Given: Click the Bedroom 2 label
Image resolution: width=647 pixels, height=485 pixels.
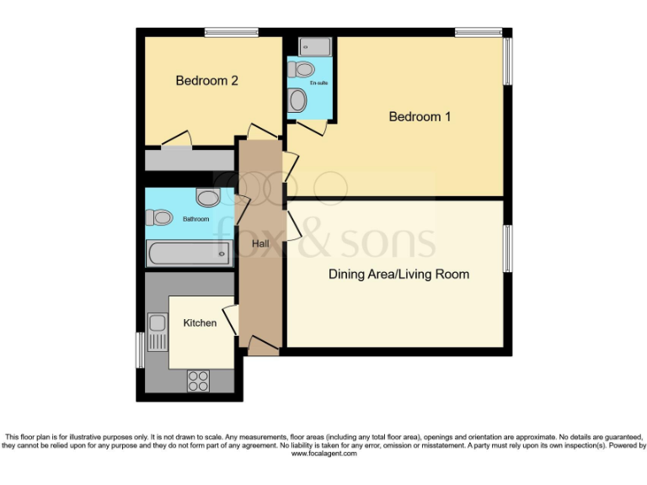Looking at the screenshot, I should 206,81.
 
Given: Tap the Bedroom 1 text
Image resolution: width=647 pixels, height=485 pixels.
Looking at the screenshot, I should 420,117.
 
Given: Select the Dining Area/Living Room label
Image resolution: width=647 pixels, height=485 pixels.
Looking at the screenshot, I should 398,274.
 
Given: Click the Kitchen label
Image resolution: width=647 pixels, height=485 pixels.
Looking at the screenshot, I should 200,323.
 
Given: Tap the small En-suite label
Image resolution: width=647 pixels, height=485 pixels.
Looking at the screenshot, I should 318,83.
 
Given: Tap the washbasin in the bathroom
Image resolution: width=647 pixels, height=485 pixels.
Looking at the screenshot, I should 208,197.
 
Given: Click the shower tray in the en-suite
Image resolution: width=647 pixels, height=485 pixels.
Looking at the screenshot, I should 315,46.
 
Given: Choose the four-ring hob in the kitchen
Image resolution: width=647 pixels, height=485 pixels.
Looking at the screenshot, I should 198,381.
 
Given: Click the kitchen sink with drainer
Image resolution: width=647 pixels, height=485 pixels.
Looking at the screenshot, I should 158,332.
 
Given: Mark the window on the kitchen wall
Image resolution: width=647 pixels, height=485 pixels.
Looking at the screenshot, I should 140,349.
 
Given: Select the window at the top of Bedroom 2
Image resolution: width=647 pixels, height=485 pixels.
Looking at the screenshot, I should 231,33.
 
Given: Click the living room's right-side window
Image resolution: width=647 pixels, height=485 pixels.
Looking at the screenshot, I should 507,248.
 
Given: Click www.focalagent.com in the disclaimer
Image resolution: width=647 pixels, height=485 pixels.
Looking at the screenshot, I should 323,454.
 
